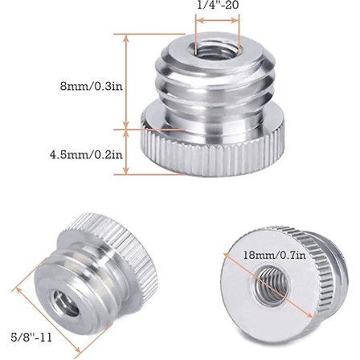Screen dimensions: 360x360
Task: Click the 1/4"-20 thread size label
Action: [218, 5]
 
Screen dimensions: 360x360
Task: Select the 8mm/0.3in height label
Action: [93, 84]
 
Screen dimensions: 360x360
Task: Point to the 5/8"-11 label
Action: [31, 337]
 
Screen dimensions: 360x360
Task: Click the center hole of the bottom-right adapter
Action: [265, 285]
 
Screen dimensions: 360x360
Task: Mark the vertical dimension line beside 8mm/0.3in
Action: [126, 80]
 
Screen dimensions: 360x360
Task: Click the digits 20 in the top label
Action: [232, 5]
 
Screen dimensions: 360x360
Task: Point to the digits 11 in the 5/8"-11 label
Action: [45, 337]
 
